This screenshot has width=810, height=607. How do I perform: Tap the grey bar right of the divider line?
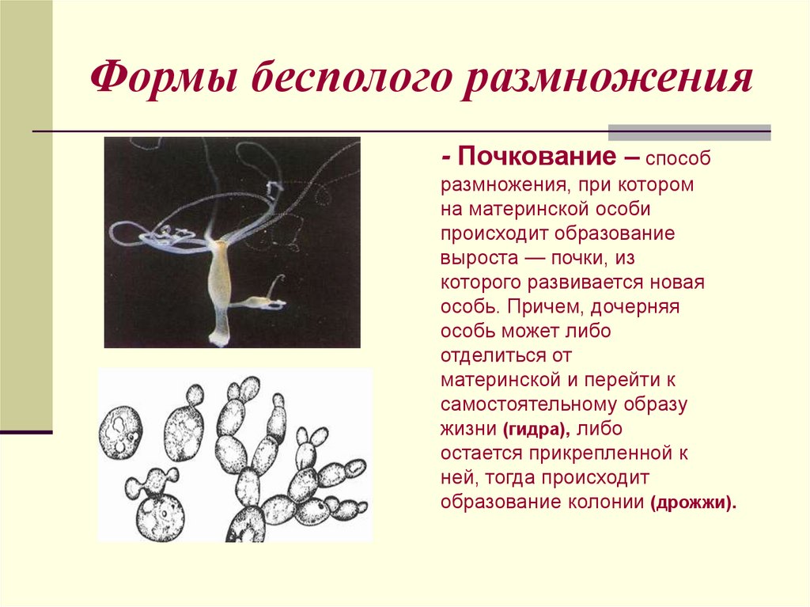point(689,132)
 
